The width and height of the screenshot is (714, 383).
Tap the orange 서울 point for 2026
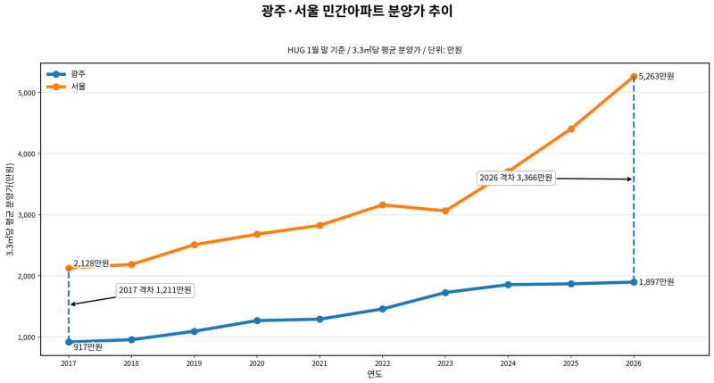(x=634, y=77)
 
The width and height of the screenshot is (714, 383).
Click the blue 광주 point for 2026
(x=634, y=282)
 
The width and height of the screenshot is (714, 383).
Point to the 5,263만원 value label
(x=656, y=77)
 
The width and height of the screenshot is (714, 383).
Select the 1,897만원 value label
(x=656, y=282)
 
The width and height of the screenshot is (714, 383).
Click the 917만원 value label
(x=87, y=346)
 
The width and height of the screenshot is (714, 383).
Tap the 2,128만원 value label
(x=91, y=263)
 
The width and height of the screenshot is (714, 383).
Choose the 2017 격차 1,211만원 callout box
(x=155, y=290)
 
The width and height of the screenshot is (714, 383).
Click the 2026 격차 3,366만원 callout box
(x=516, y=178)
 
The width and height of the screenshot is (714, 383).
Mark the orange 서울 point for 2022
(x=383, y=204)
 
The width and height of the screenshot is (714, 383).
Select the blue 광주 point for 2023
(x=445, y=293)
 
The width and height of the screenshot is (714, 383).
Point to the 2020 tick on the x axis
(x=257, y=363)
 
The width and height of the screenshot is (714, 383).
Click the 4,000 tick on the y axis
(x=24, y=154)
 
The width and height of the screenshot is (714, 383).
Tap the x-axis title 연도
(x=374, y=374)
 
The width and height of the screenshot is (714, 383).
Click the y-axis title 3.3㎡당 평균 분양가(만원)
(x=10, y=209)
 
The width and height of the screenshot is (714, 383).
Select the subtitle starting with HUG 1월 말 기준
(x=374, y=50)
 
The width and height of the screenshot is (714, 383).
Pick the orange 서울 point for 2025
(x=571, y=129)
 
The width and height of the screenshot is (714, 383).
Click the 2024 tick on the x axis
(x=508, y=363)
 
